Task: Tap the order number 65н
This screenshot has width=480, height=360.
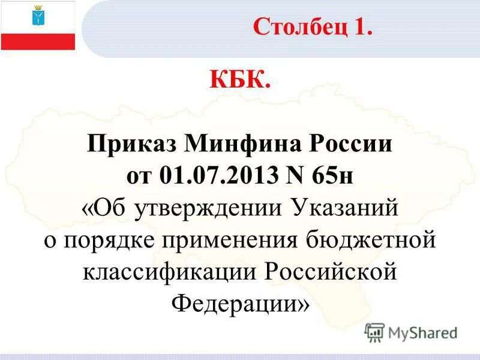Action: click(x=336, y=177)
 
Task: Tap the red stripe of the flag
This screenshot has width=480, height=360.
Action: click(x=38, y=41)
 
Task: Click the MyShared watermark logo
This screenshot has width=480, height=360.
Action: click(x=411, y=332)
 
